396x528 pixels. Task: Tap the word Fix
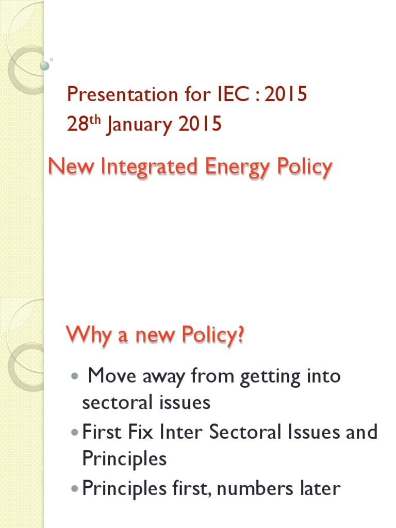tap(140, 432)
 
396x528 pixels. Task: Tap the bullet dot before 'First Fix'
tap(75, 432)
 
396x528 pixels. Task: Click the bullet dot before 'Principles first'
tap(75, 488)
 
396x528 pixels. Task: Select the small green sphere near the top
tap(45, 65)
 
